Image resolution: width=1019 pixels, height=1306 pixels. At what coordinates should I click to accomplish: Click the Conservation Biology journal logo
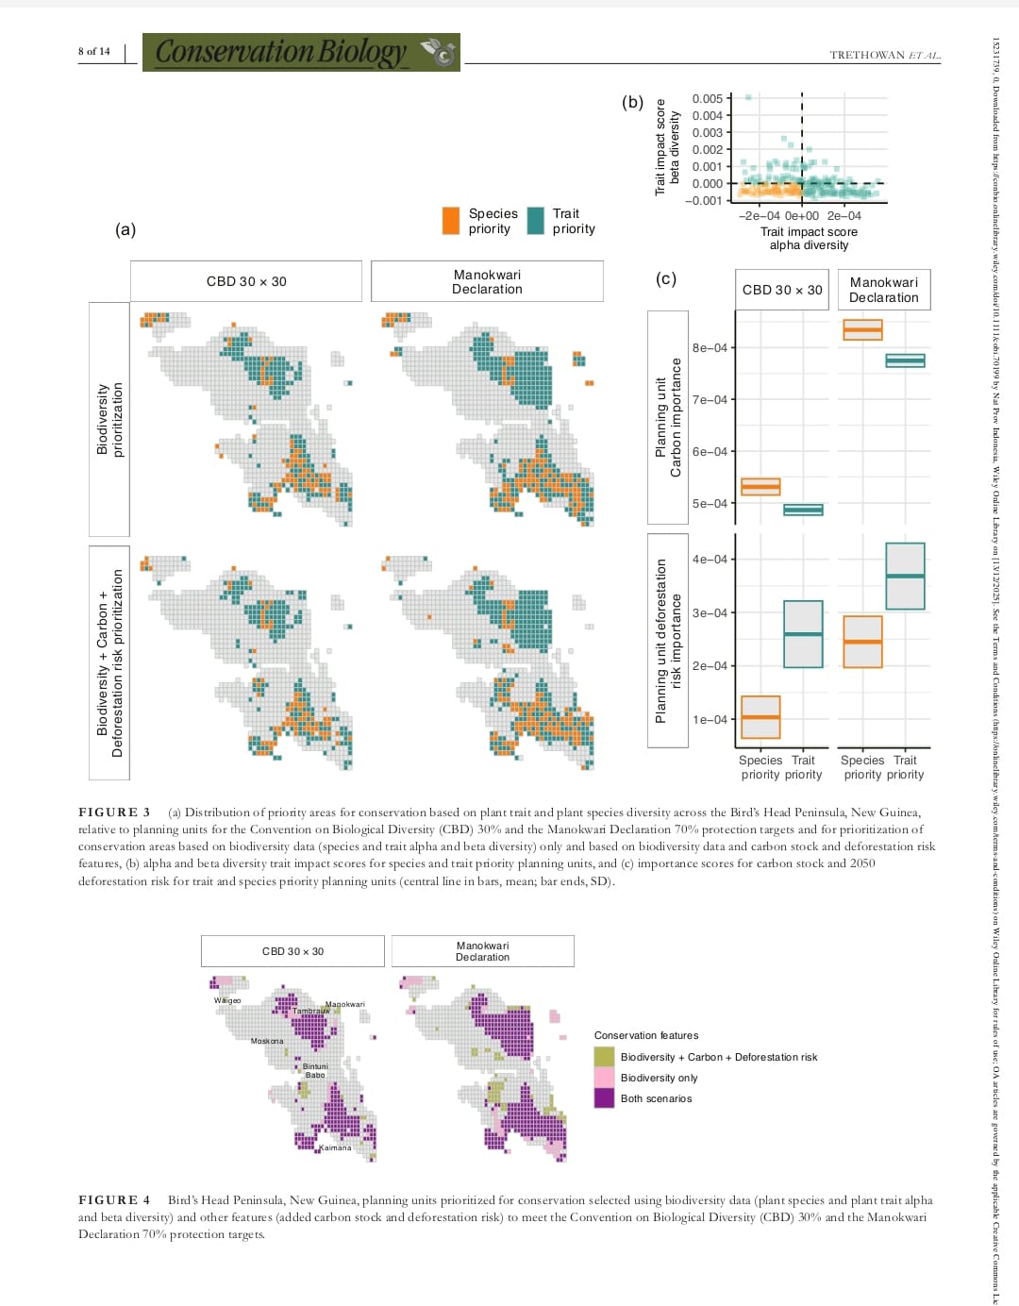tap(301, 52)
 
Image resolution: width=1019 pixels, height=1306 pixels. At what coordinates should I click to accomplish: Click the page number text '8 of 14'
tap(93, 52)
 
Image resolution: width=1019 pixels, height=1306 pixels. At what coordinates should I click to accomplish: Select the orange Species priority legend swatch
tap(451, 221)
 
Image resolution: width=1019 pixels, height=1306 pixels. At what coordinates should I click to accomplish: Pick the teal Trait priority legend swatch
tap(536, 221)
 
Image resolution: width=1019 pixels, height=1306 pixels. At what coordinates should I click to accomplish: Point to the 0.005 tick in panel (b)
tap(708, 98)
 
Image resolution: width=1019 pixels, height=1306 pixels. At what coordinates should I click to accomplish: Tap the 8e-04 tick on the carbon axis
tap(710, 348)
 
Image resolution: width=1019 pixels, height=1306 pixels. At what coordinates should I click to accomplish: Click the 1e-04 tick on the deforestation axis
tap(710, 720)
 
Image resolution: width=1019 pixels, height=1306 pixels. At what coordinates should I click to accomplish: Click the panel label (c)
tap(666, 278)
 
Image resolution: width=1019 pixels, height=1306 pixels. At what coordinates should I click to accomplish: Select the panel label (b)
tap(632, 102)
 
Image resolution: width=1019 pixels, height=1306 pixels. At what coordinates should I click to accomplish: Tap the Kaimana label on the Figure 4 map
tap(335, 1148)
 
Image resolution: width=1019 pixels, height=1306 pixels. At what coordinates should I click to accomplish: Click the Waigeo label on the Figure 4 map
tap(227, 1000)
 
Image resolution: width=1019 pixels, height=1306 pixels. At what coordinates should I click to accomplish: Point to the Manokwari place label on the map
tap(345, 1004)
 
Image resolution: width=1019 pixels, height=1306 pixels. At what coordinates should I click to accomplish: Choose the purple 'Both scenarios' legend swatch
tap(604, 1098)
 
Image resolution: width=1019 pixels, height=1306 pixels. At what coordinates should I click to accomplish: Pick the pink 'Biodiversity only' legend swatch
tap(604, 1078)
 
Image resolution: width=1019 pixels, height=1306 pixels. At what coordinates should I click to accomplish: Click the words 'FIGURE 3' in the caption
tap(114, 812)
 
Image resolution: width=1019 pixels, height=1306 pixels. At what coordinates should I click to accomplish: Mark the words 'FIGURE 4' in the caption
tap(114, 1200)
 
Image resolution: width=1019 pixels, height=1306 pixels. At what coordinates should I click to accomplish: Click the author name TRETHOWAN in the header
tap(867, 56)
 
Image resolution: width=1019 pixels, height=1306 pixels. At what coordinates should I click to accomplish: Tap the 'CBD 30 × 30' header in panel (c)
tap(782, 290)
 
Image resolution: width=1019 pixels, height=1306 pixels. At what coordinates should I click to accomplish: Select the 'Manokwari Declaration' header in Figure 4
tap(482, 951)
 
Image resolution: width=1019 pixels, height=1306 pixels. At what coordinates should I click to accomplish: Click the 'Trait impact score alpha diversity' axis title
tap(809, 239)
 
